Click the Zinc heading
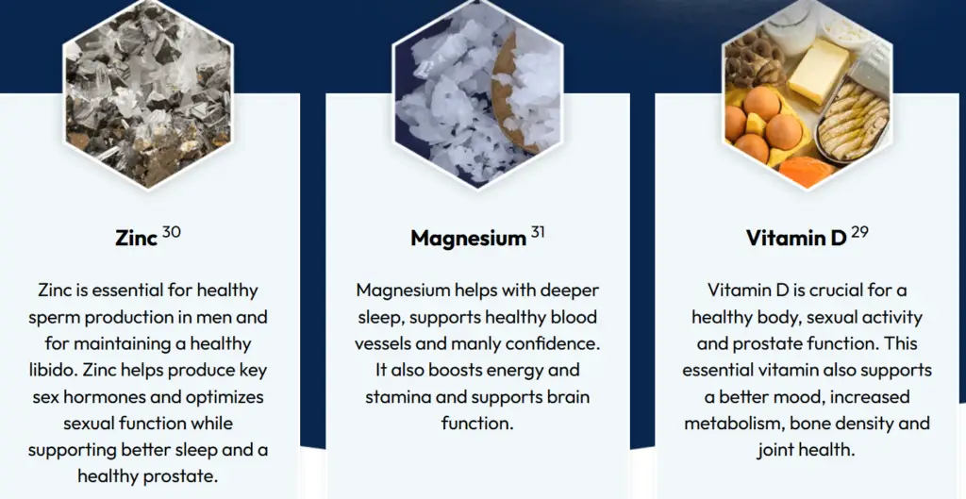[136, 238]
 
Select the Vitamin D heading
[796, 238]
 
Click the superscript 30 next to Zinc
[172, 232]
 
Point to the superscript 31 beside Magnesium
[538, 232]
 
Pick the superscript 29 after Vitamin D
[859, 232]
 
